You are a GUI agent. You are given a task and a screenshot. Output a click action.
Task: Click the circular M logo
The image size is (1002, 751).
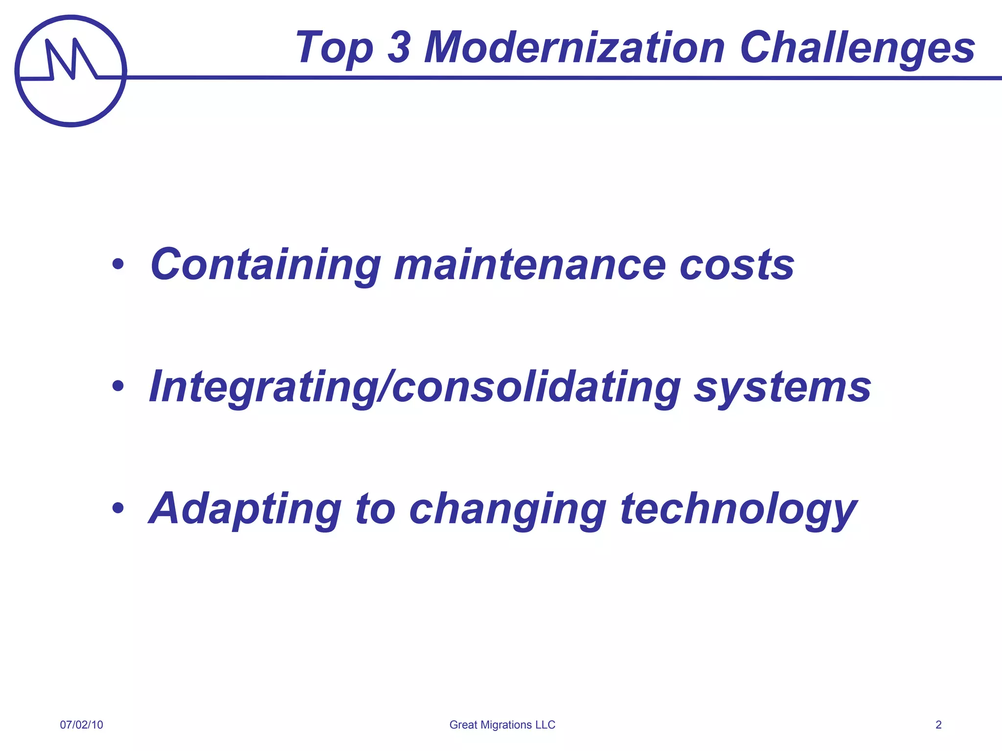pyautogui.click(x=71, y=71)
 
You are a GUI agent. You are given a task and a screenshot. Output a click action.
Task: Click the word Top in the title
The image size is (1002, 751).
pyautogui.click(x=334, y=48)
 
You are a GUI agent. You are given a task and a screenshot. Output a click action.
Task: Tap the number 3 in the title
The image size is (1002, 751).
pyautogui.click(x=398, y=48)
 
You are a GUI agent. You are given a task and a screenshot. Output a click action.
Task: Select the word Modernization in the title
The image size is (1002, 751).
pyautogui.click(x=574, y=48)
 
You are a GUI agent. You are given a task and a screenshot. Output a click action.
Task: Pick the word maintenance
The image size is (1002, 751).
pyautogui.click(x=530, y=265)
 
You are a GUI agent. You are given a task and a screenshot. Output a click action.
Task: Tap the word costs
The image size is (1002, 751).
pyautogui.click(x=737, y=265)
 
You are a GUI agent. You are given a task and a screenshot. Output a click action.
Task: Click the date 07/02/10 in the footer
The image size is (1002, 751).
pyautogui.click(x=81, y=725)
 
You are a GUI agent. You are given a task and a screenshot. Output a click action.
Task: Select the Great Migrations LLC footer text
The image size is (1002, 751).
pyautogui.click(x=502, y=725)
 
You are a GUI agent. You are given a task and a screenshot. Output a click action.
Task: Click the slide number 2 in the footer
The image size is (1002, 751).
pyautogui.click(x=938, y=725)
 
